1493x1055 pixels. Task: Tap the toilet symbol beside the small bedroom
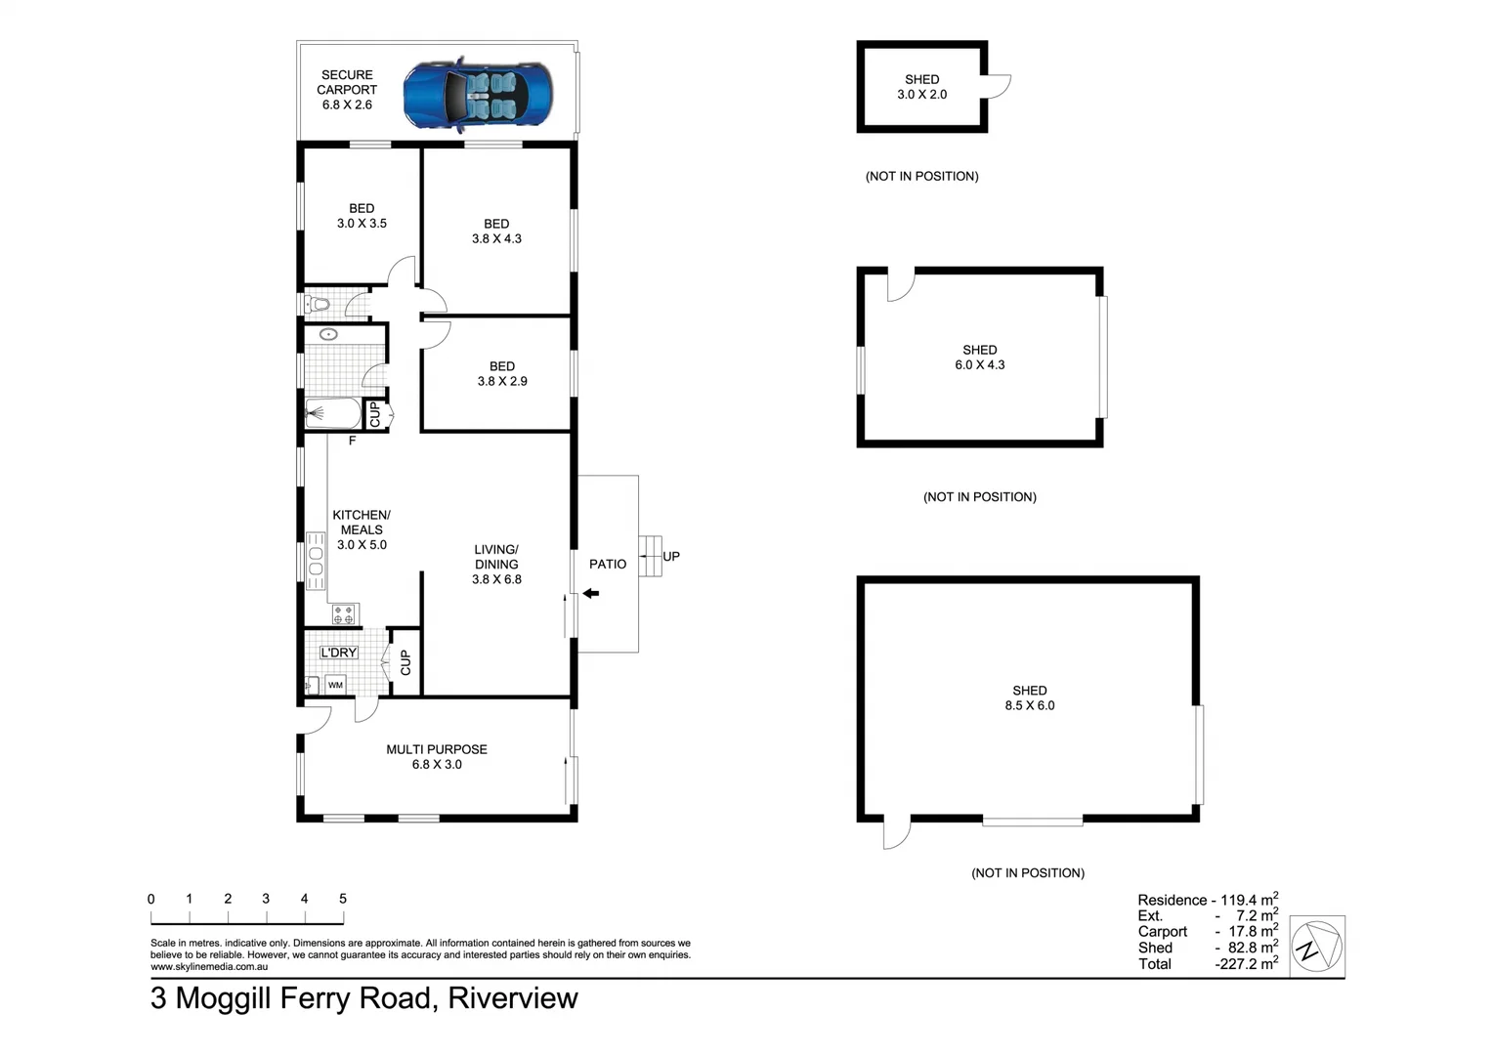(318, 305)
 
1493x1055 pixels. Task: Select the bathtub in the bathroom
(331, 414)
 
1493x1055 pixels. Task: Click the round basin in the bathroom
(329, 335)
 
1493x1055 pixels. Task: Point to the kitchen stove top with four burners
(344, 614)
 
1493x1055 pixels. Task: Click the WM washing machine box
(335, 685)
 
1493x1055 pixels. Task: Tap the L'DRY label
(339, 653)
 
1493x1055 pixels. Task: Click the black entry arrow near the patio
(590, 593)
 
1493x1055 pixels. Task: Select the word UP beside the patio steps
(671, 556)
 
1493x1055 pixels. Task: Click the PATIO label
(608, 564)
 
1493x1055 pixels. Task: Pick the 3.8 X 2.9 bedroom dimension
(502, 381)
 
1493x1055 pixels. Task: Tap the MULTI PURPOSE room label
(437, 749)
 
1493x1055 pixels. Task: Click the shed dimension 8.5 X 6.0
(1030, 705)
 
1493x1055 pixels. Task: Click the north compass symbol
(1317, 946)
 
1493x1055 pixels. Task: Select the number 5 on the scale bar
(343, 899)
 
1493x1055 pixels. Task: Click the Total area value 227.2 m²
(1246, 963)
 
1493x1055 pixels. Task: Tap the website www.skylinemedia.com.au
(209, 967)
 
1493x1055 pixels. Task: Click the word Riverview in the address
(513, 998)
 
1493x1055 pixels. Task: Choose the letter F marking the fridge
(352, 441)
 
